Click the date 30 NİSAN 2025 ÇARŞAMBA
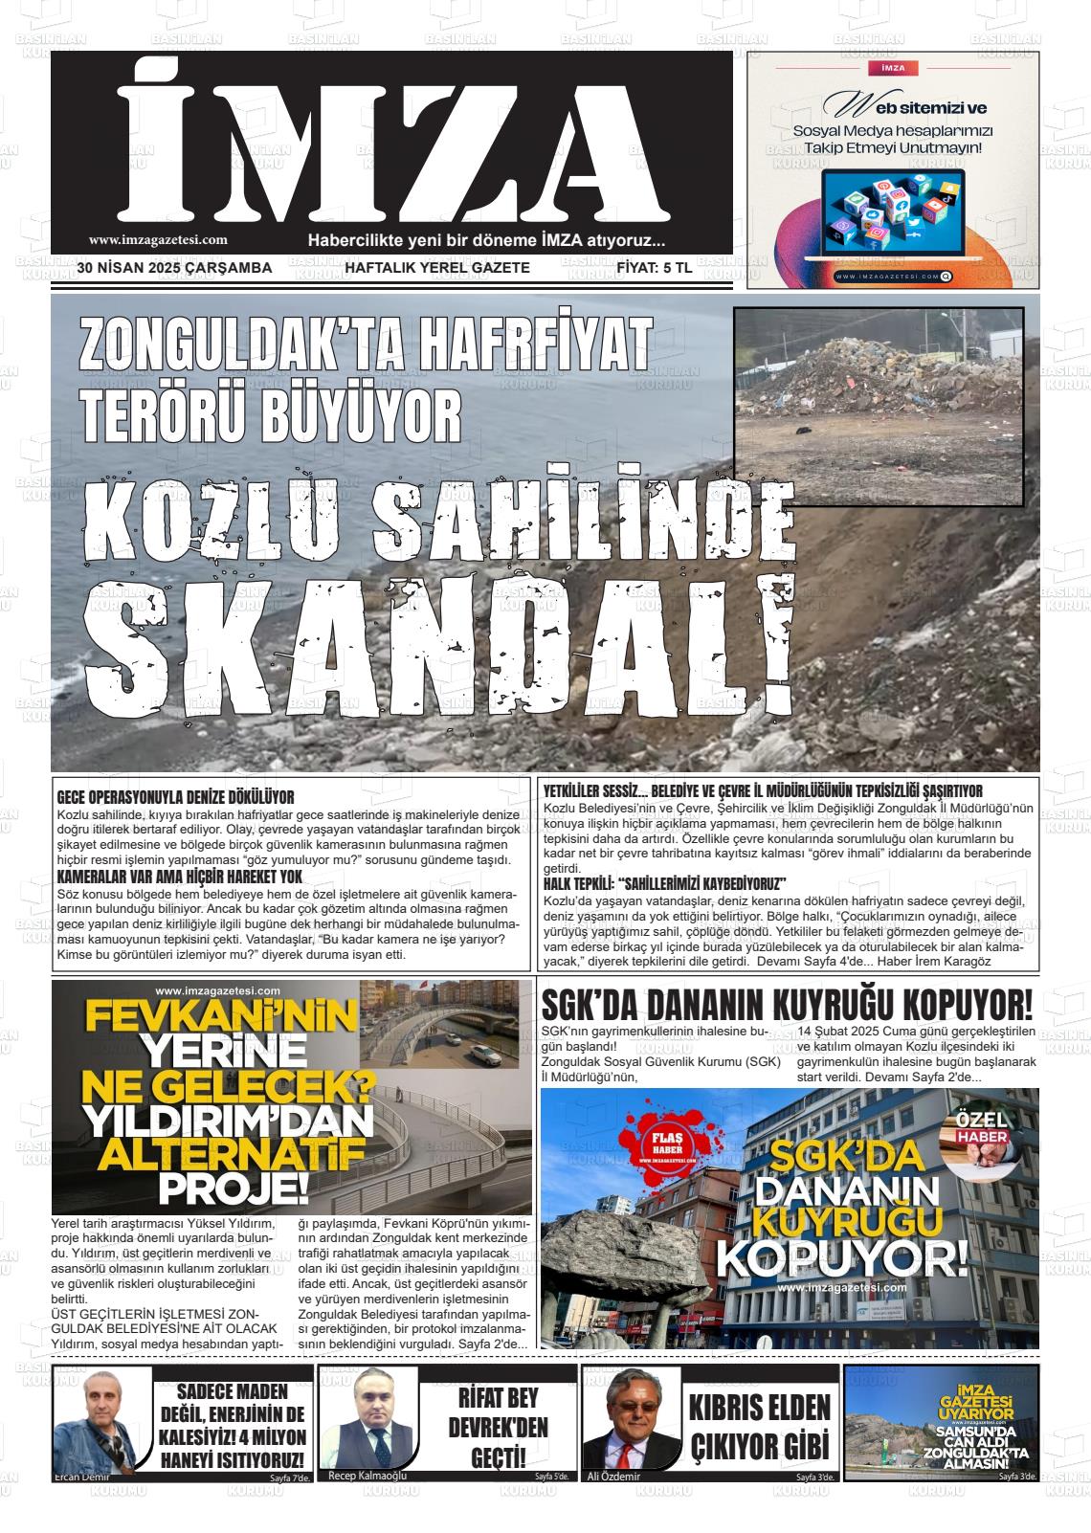(x=175, y=268)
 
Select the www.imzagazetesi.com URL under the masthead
(x=158, y=241)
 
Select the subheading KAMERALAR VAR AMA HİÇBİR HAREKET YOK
(x=180, y=876)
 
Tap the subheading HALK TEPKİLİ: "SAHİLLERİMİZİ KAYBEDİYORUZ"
(x=664, y=882)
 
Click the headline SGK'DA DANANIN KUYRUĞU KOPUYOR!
(x=787, y=1005)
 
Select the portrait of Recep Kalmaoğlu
(x=368, y=1421)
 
